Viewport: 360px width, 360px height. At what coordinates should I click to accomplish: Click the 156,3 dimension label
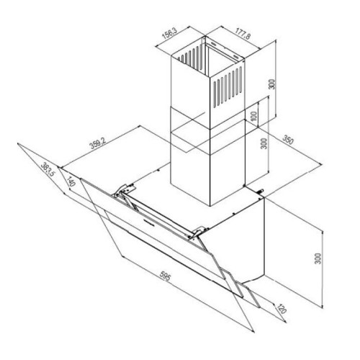pos(169,33)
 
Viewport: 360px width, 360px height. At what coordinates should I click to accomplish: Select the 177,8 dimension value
pos(243,33)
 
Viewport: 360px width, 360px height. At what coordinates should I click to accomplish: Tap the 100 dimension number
pos(254,116)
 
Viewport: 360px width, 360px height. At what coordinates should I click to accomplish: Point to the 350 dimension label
pos(287,140)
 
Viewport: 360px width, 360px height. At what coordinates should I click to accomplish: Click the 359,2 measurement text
pos(98,143)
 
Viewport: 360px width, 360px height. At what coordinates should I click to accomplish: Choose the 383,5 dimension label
pos(48,170)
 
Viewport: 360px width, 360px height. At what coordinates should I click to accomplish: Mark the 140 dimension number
pos(71,181)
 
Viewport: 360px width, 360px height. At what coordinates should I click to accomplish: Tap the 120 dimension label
pos(282,309)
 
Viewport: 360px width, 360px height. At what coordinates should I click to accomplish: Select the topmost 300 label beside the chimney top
pos(271,84)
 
